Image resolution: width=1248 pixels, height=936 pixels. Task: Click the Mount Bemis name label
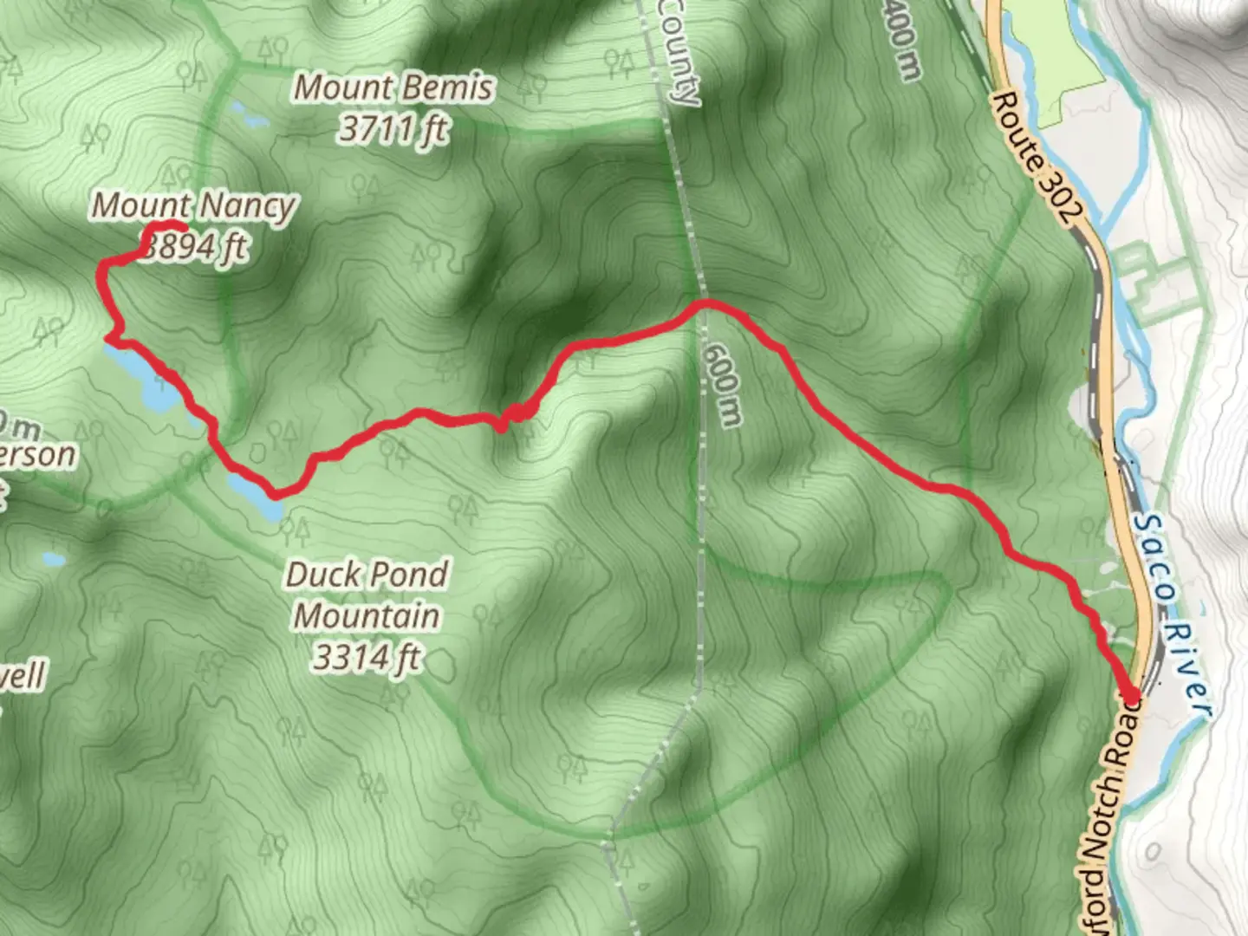[394, 88]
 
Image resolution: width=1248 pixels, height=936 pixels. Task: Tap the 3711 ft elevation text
[394, 129]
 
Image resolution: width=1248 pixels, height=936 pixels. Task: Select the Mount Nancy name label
[194, 205]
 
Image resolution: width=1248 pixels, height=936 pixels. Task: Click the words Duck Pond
[367, 574]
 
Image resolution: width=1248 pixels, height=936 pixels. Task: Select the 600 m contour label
[723, 385]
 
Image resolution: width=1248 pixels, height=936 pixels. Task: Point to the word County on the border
[678, 52]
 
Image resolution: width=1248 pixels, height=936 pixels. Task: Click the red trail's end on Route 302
[1132, 693]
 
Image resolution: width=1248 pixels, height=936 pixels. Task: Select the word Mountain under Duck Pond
[367, 616]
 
